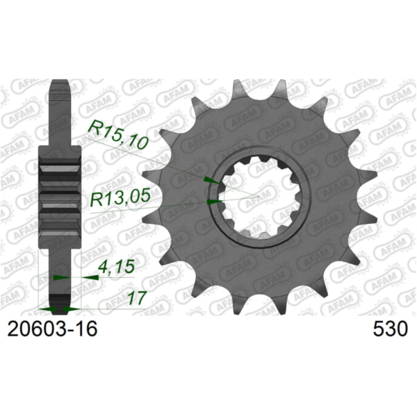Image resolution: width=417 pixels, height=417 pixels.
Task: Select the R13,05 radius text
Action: pyautogui.click(x=120, y=199)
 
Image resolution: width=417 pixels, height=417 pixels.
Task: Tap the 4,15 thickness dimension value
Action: pyautogui.click(x=112, y=265)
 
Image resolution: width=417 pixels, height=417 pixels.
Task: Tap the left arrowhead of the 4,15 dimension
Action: pyautogui.click(x=60, y=277)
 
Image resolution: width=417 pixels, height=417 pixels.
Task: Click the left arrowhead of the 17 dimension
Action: pyautogui.click(x=46, y=308)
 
